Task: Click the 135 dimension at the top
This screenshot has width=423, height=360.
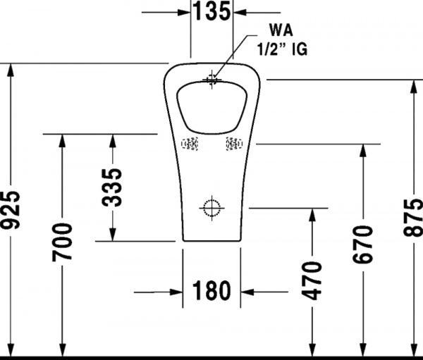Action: [x=212, y=11]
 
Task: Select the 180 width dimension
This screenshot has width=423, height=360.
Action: [x=211, y=291]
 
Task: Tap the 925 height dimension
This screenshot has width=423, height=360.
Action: [x=11, y=211]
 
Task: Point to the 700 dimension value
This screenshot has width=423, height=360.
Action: [x=62, y=242]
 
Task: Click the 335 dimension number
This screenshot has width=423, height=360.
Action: [x=112, y=187]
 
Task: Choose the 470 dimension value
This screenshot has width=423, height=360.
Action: [x=312, y=280]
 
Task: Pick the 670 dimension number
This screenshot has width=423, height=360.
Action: [x=363, y=244]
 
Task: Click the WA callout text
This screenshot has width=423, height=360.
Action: [x=281, y=30]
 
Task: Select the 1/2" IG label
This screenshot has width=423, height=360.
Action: [x=282, y=49]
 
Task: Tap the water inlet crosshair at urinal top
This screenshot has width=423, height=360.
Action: [x=211, y=80]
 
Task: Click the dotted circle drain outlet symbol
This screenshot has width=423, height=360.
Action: [x=211, y=208]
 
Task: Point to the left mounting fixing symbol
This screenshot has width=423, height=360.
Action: [x=190, y=144]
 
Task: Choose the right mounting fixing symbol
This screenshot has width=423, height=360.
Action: [x=234, y=144]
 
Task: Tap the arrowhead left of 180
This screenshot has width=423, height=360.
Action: [x=176, y=292]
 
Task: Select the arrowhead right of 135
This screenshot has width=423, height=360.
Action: [x=240, y=12]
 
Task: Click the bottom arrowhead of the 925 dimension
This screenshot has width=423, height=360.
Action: [x=11, y=350]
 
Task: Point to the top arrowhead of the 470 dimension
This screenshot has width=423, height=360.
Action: [x=312, y=215]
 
